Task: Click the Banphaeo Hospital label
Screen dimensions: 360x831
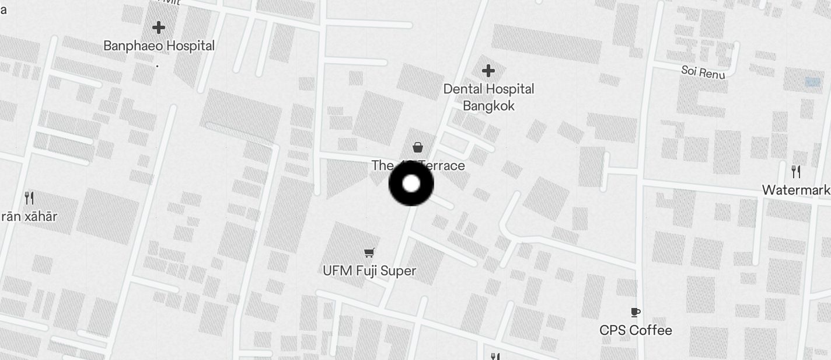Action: (x=159, y=46)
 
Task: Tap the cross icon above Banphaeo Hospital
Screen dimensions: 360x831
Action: (x=158, y=27)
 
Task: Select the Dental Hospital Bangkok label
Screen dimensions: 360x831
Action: (x=488, y=97)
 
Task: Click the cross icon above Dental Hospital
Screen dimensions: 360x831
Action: (x=488, y=71)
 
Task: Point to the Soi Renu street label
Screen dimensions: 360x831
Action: (x=703, y=72)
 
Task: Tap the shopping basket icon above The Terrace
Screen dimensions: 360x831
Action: (x=418, y=147)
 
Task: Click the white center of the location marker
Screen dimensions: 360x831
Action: (x=411, y=184)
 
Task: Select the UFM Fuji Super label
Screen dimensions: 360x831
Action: (x=369, y=271)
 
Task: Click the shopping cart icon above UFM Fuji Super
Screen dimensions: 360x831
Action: (x=369, y=252)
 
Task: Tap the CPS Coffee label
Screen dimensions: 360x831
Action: (x=636, y=330)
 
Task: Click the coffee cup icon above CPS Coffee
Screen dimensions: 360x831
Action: (x=636, y=312)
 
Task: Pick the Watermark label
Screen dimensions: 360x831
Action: (x=797, y=190)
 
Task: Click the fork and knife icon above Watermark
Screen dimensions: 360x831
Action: (x=796, y=171)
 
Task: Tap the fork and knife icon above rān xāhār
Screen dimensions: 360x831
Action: (x=29, y=198)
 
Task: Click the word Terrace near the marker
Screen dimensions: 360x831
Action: (x=445, y=165)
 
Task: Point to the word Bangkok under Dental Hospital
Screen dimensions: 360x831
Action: (x=488, y=106)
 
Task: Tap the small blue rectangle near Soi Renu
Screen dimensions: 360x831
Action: (x=812, y=82)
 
